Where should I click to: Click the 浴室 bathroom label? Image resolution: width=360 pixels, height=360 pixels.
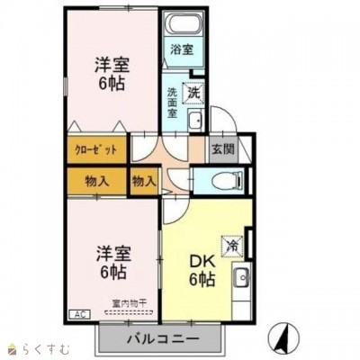pos(181,50)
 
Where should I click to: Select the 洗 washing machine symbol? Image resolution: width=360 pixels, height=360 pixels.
pos(192,90)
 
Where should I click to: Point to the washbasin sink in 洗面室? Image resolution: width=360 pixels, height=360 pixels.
pos(195,121)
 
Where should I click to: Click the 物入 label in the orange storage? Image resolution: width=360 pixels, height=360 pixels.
pos(97,181)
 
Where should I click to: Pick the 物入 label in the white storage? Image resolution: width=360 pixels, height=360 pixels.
pos(144,181)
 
